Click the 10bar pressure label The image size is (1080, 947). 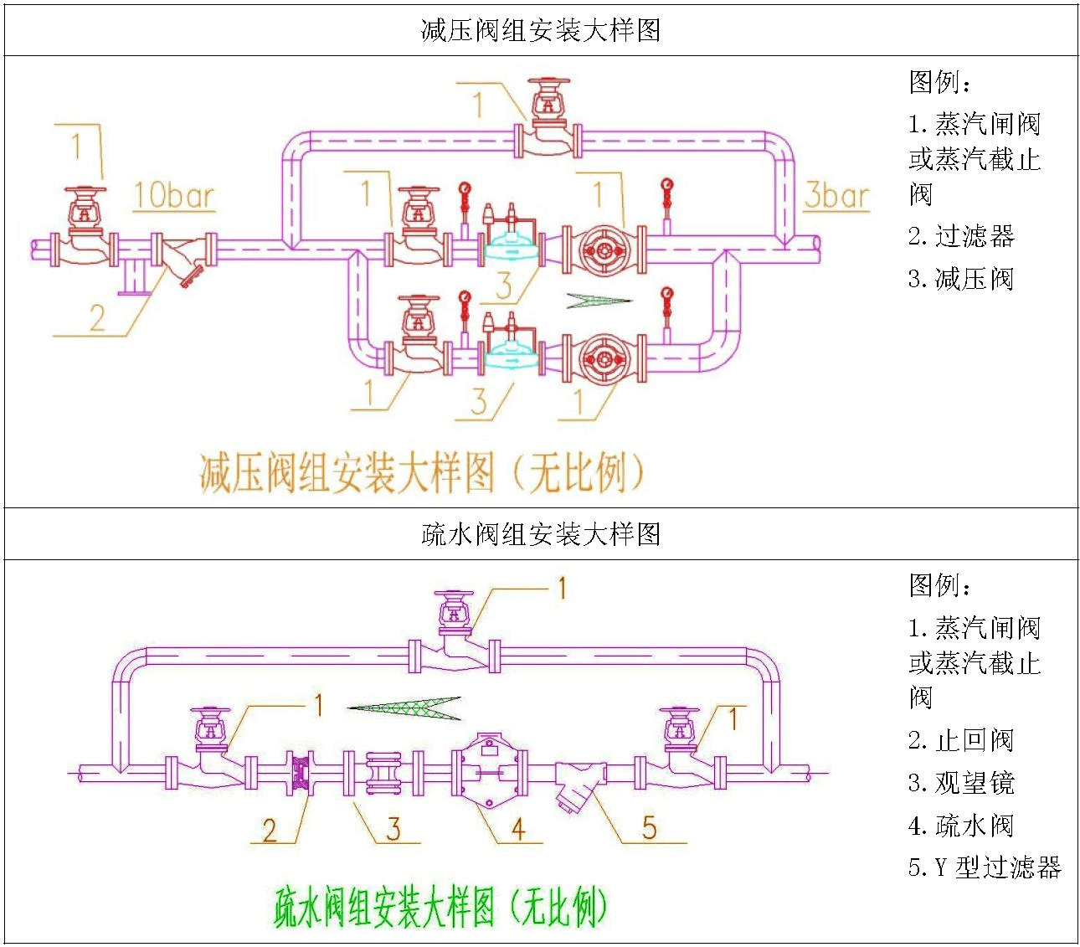[173, 196]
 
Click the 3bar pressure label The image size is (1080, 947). [836, 196]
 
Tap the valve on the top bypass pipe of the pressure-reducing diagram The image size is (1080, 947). [548, 126]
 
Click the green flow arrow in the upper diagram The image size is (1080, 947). [599, 300]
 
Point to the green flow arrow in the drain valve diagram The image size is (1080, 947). [404, 708]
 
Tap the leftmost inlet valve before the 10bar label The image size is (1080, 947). [85, 230]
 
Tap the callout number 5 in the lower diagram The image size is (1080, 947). [649, 828]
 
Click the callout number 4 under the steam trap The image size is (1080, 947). [518, 829]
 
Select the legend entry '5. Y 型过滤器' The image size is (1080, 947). [985, 867]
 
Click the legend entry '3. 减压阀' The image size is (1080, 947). [961, 279]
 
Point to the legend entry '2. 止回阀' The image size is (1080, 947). [961, 740]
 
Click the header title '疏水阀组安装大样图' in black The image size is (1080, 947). [541, 534]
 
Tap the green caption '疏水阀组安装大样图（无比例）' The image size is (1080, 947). [440, 907]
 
